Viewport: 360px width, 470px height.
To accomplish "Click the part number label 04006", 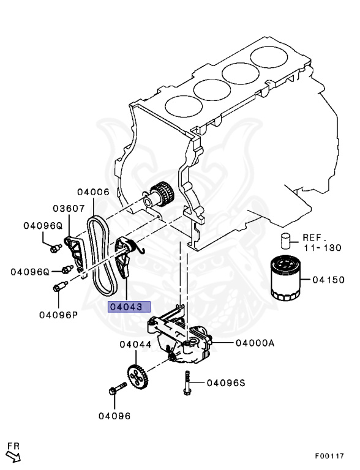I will (x=94, y=192).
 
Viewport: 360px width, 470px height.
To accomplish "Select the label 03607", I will (x=68, y=209).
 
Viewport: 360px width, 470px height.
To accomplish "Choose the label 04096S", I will (x=225, y=383).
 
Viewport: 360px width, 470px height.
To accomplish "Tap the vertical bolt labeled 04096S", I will (x=184, y=381).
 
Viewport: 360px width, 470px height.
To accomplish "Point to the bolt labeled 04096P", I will (x=60, y=286).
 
